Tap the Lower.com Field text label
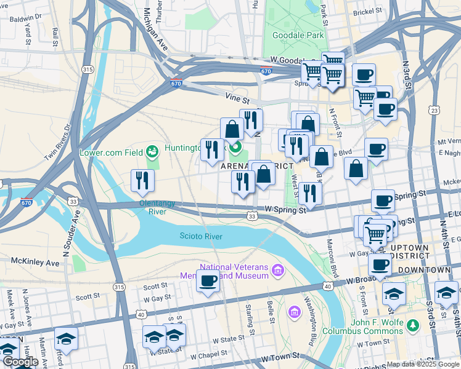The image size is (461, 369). (x=110, y=152)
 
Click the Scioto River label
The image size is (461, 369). (x=200, y=236)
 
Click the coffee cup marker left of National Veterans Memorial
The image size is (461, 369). (x=208, y=281)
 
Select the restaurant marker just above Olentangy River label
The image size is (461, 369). (x=142, y=181)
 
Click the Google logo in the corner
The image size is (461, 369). (x=20, y=362)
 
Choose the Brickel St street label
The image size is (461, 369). (x=369, y=12)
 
